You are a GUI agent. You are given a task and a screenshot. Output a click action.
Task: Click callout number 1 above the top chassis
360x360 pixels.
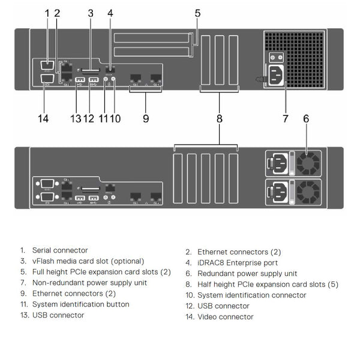click(x=47, y=13)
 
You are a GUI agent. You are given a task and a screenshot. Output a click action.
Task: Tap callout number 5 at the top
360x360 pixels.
click(x=197, y=13)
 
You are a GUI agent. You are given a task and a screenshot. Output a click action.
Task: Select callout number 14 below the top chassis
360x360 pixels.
click(x=43, y=118)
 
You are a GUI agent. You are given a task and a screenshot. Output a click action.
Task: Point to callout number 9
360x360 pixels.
click(x=146, y=118)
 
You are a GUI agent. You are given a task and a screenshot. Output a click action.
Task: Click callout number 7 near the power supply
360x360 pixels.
click(x=286, y=118)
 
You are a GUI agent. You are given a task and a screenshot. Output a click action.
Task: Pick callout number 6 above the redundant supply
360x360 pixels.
click(x=306, y=118)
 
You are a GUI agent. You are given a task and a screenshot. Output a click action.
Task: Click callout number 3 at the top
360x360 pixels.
click(x=91, y=13)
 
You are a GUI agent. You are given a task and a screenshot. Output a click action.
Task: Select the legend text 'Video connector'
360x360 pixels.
click(x=225, y=316)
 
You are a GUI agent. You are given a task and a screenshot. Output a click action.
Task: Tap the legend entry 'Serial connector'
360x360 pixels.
click(x=59, y=250)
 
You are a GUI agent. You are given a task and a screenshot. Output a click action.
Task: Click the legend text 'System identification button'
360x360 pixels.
click(x=80, y=304)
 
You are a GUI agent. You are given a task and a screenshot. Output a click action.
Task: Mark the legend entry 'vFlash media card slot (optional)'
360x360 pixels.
click(x=88, y=261)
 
